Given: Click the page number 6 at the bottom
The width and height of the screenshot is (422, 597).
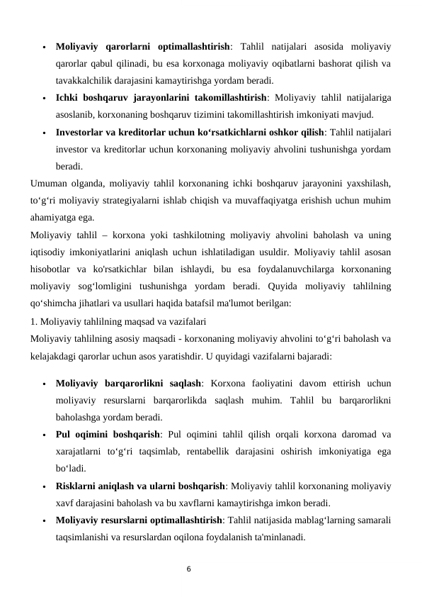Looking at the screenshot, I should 188,567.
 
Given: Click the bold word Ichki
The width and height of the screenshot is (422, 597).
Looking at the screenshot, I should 68,97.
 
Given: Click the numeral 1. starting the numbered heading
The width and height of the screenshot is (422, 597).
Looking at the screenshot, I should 35,320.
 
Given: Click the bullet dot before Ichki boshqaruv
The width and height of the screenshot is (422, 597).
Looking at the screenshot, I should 44,98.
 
